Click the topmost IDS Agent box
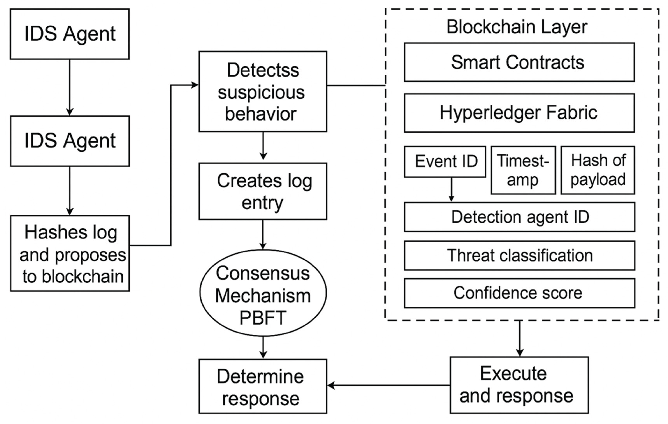[70, 34]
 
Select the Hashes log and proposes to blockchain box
[70, 253]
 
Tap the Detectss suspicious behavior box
[262, 91]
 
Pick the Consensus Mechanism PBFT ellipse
[262, 293]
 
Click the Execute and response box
[519, 385]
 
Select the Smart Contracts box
[519, 62]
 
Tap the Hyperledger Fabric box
[519, 113]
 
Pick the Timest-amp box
[523, 170]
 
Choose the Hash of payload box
[598, 170]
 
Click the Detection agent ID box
[519, 217]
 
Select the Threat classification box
[519, 255]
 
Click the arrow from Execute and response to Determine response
[388, 385]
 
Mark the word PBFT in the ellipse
[262, 318]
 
